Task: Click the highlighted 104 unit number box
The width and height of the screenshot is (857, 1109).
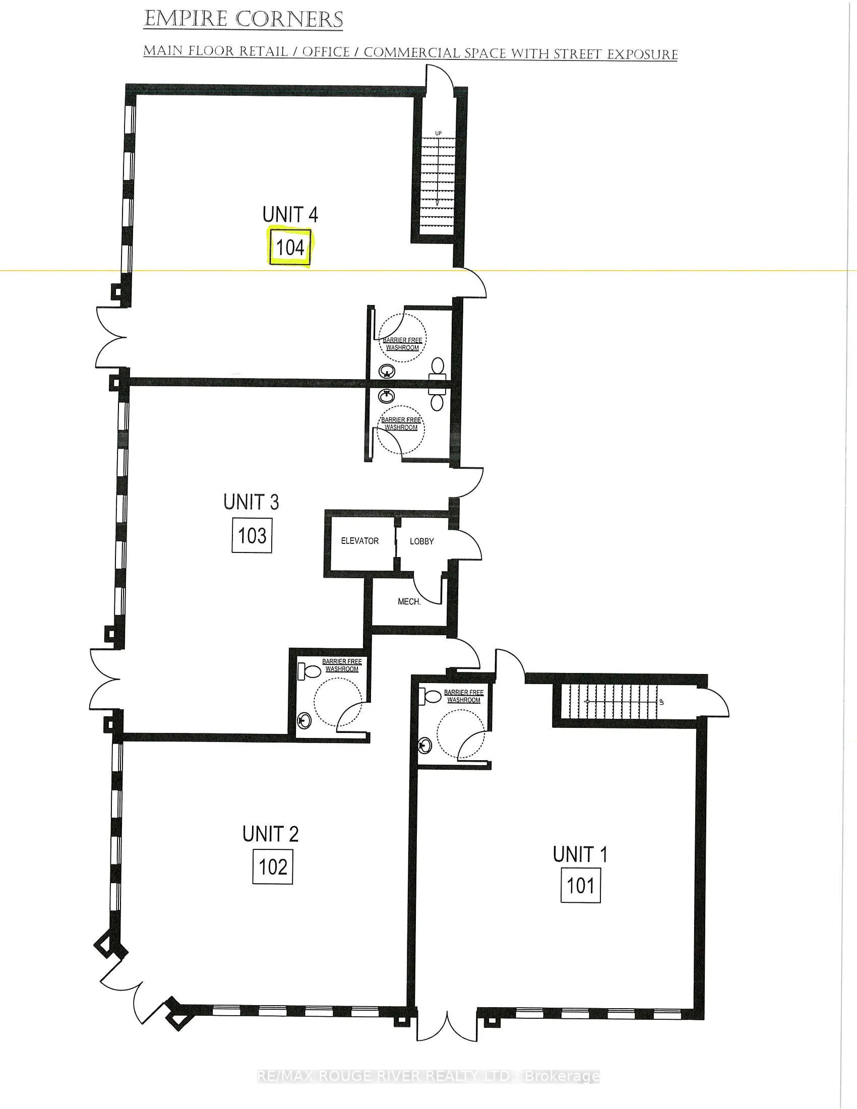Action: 290,247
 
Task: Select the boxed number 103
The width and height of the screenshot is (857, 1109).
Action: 252,535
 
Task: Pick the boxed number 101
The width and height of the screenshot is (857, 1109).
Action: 580,886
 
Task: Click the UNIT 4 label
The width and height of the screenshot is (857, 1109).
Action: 290,215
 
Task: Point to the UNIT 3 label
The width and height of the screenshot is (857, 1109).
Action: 251,502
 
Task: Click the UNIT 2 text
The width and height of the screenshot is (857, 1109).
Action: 270,834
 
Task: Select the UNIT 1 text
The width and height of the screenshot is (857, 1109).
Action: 580,854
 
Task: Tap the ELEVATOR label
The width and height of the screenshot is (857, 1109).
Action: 359,541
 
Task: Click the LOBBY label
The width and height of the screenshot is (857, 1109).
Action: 422,541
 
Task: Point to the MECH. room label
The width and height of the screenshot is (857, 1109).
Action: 409,602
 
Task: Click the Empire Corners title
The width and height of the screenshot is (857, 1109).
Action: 243,20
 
